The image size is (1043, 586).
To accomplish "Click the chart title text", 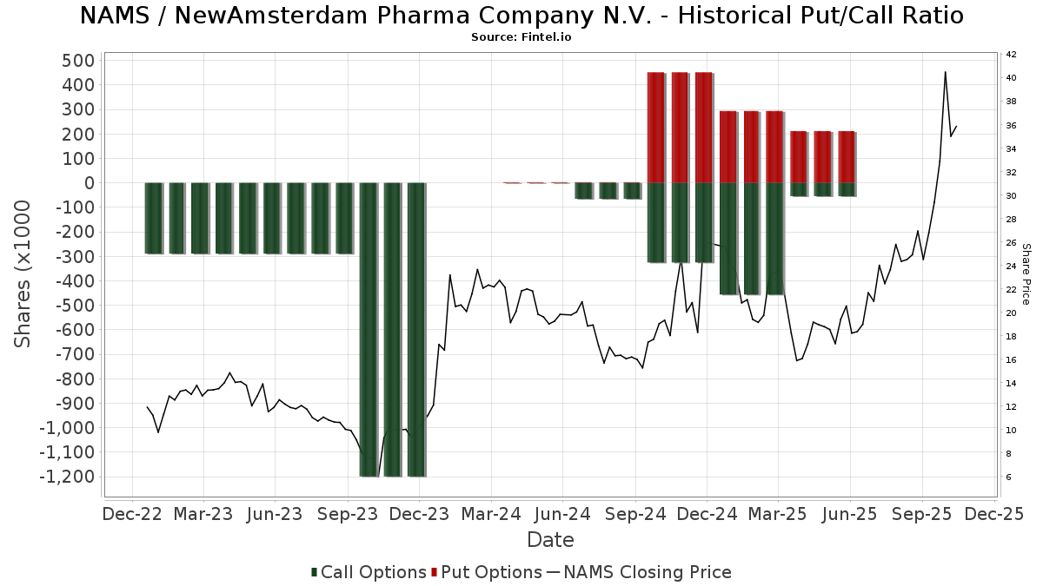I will click(x=521, y=16).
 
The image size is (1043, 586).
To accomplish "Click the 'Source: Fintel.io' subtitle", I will click(x=521, y=37).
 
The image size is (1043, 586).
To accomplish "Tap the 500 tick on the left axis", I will click(x=76, y=61).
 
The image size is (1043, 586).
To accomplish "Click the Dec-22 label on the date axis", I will click(x=132, y=514).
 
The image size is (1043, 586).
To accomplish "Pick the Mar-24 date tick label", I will click(x=491, y=514).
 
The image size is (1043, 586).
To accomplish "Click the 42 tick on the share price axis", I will click(x=1011, y=55).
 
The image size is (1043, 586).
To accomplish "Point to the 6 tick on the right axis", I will click(x=1008, y=477).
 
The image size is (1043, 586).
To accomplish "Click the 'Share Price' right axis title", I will click(x=1026, y=273).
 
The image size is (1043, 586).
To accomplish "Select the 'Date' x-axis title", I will click(x=550, y=540).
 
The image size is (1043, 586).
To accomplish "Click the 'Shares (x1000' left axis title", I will click(x=23, y=273).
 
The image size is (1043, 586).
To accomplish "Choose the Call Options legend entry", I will click(x=369, y=572).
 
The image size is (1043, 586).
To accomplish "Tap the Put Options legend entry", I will click(x=487, y=572).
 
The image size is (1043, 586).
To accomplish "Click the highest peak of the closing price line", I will click(x=945, y=72).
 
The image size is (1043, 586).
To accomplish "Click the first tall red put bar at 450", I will click(x=656, y=128).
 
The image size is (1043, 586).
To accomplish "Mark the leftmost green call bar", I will click(x=154, y=218).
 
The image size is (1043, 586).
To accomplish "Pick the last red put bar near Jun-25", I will click(x=847, y=157).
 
